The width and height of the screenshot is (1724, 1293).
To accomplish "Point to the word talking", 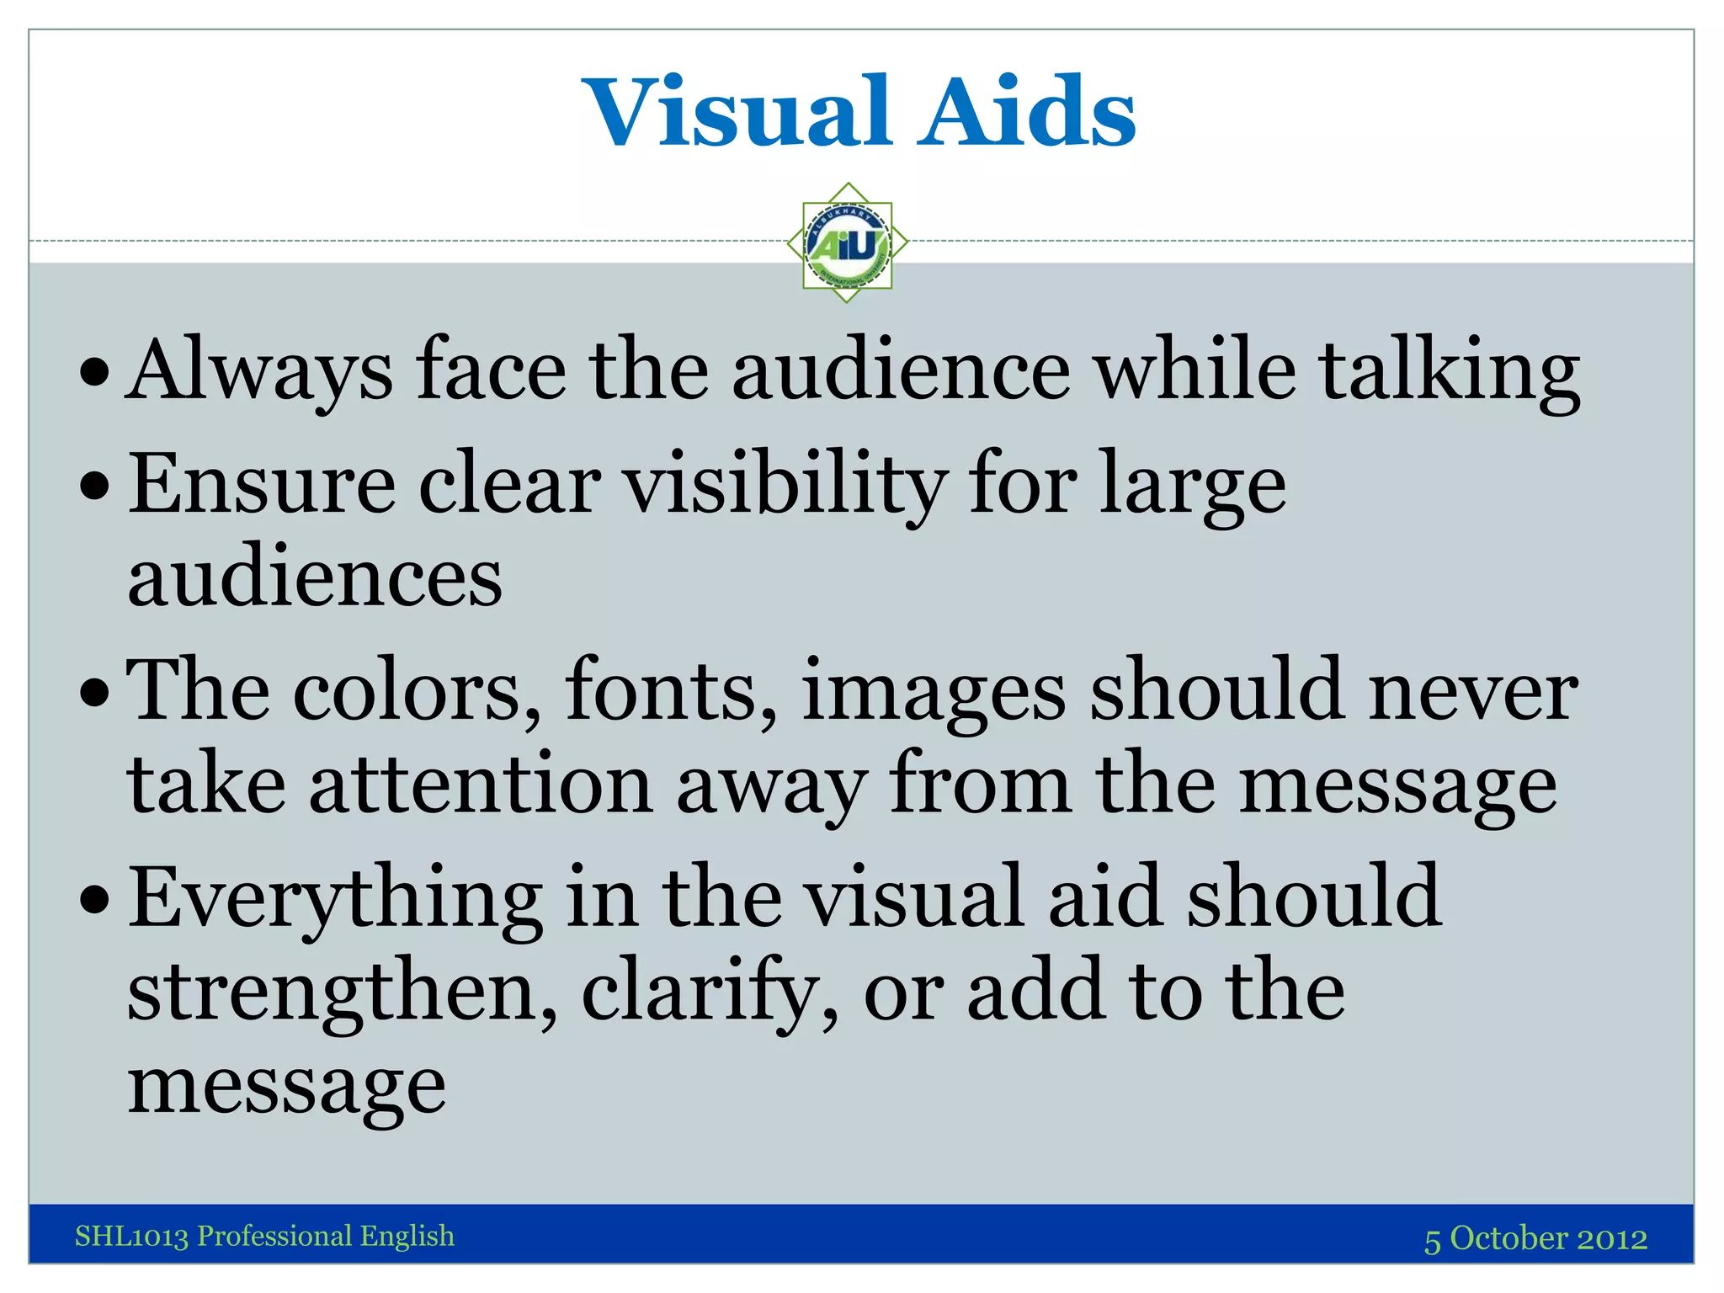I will coord(1449,370).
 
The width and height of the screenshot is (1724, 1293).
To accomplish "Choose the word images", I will coord(934,692).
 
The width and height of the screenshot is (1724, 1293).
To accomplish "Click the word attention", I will coord(481,785).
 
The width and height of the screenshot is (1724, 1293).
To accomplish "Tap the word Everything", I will coord(336,899).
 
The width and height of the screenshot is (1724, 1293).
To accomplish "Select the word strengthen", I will coord(342,992).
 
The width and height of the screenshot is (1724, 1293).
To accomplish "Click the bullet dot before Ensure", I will coord(95,487).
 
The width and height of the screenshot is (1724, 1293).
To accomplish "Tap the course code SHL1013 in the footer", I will coord(131,1236).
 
